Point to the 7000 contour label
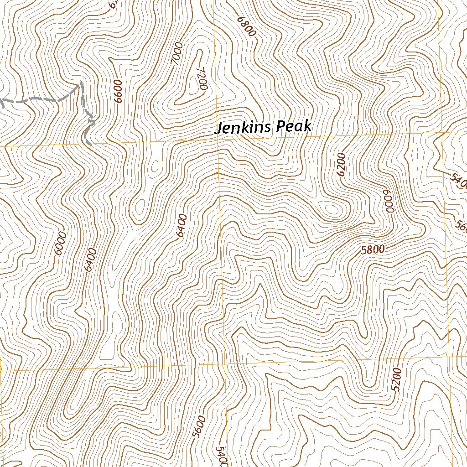pyautogui.click(x=177, y=55)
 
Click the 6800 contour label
pyautogui.click(x=246, y=27)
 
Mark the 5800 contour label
pyautogui.click(x=373, y=249)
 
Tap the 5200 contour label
pyautogui.click(x=397, y=379)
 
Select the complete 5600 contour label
pyautogui.click(x=199, y=427)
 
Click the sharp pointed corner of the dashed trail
pyautogui.click(x=81, y=83)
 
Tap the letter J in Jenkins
pyautogui.click(x=218, y=129)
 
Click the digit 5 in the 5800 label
pyautogui.click(x=363, y=251)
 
